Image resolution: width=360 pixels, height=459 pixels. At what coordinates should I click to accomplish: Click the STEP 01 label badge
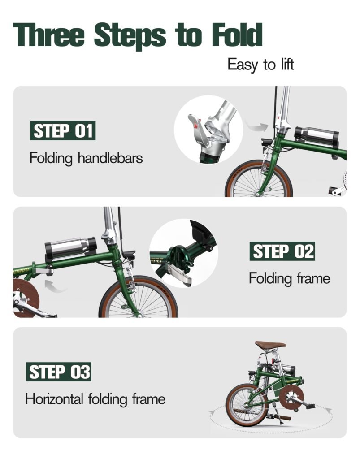pos(63,130)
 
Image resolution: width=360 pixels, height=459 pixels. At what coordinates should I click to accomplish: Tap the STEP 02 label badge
pos(282,251)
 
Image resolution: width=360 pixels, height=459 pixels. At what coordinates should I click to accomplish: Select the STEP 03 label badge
pos(59,372)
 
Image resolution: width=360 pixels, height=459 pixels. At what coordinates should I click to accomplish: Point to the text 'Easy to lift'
pos(260,65)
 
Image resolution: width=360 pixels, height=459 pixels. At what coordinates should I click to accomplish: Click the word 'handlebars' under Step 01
pos(110,158)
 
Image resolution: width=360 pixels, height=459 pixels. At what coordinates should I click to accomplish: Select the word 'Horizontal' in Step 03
pos(54,398)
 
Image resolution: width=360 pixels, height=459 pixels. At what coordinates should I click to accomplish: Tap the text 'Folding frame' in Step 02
pos(290,278)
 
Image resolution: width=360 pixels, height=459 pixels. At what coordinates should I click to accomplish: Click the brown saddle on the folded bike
pos(270,345)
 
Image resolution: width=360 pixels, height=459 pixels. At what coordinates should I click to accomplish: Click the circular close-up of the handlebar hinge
pos(208,129)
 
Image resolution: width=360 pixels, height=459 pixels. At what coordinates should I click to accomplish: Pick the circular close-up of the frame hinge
pos(184,253)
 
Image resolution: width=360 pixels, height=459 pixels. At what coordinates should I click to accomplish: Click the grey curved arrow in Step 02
pos(55,286)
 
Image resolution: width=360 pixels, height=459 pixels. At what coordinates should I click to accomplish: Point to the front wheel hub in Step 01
pos(257,194)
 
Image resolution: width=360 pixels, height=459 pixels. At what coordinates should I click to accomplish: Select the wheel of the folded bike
pos(247,405)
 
